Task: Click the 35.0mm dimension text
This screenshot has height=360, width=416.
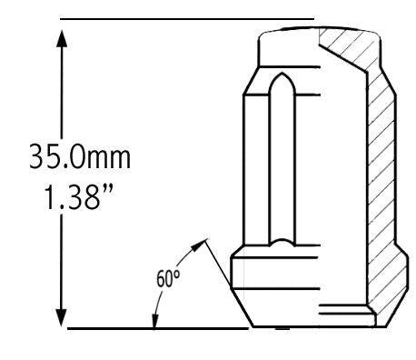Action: coord(80,157)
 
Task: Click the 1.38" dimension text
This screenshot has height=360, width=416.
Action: coord(79,197)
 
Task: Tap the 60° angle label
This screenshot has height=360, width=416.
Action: coord(168,278)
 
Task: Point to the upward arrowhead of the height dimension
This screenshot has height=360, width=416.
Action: coord(62,38)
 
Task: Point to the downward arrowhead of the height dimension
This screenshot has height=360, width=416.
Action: coord(62,318)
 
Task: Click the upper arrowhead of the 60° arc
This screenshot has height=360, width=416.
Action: coord(199,245)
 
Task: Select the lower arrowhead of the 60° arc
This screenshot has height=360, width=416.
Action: coord(155,321)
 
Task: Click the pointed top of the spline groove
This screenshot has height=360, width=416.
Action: coord(282,74)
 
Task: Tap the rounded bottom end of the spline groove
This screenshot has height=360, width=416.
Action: coord(282,242)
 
